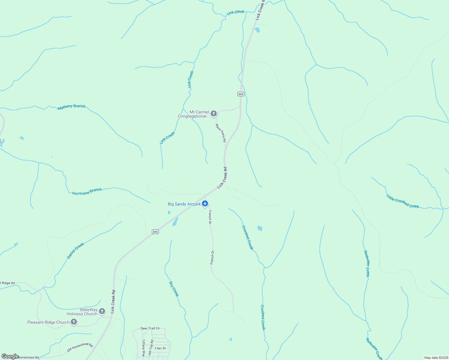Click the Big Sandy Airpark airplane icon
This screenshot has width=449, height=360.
pyautogui.click(x=205, y=204)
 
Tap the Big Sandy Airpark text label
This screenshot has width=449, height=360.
pyautogui.click(x=184, y=204)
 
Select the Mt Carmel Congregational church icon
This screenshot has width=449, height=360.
pyautogui.click(x=214, y=113)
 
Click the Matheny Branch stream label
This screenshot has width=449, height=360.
pyautogui.click(x=71, y=107)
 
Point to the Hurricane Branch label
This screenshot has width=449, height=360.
pyautogui.click(x=87, y=191)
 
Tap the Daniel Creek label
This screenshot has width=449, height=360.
pyautogui.click(x=75, y=251)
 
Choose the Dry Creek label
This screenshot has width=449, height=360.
pyautogui.click(x=174, y=289)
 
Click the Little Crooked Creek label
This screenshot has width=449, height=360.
pyautogui.click(x=402, y=201)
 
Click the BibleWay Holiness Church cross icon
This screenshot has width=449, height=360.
pyautogui.click(x=102, y=311)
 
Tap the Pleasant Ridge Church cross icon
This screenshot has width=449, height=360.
pyautogui.click(x=74, y=322)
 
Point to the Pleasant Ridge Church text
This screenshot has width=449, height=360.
pyautogui.click(x=48, y=322)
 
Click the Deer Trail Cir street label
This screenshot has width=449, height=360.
pyautogui.click(x=150, y=328)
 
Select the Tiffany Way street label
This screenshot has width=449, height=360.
pyautogui.click(x=143, y=347)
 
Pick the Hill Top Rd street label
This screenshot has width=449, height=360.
pyautogui.click(x=151, y=348)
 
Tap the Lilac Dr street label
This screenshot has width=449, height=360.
pyautogui.click(x=160, y=348)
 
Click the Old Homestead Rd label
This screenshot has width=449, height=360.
pyautogui.click(x=80, y=347)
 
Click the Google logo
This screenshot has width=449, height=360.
pyautogui.click(x=10, y=356)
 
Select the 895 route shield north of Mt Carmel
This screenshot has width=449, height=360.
pyautogui.click(x=241, y=94)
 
